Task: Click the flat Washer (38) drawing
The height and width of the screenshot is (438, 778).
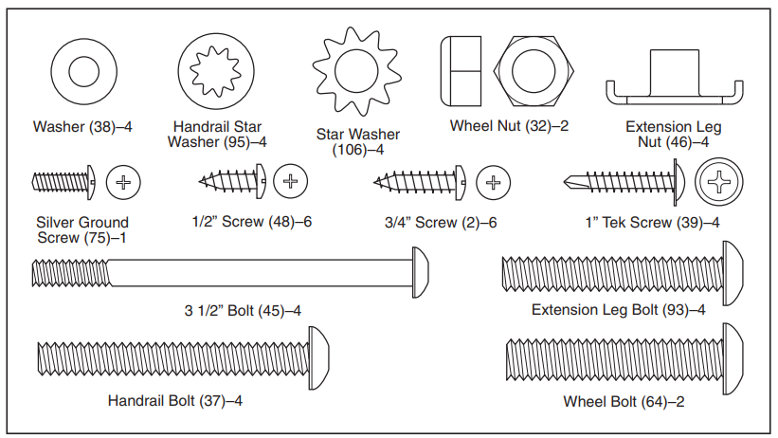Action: click(x=83, y=74)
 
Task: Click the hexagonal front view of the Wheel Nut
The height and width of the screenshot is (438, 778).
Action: click(x=532, y=74)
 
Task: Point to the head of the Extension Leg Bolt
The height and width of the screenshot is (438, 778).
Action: click(x=733, y=275)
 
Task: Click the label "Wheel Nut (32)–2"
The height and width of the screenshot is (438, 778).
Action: click(x=510, y=125)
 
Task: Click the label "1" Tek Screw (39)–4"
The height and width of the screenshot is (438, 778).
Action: click(x=652, y=223)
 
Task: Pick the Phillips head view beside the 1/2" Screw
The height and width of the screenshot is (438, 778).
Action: click(x=290, y=180)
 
